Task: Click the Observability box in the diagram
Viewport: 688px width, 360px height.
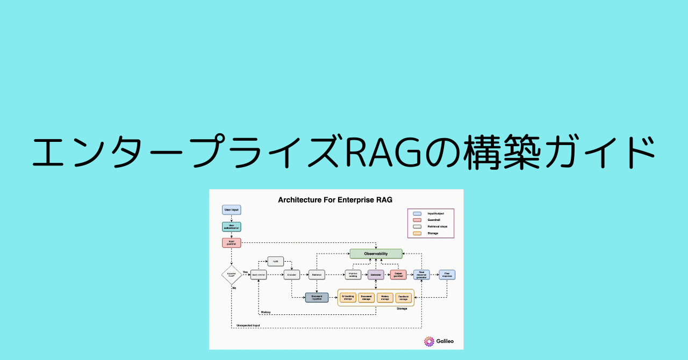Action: coord(376,254)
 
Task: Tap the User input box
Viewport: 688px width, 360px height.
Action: coord(231,210)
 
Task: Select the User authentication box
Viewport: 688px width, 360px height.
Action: coord(231,227)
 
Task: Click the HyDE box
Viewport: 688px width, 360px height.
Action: coord(275,261)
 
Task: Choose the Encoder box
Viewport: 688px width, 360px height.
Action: coord(292,275)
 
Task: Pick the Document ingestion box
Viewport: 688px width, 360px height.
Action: coord(317,297)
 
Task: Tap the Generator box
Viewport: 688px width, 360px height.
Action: coord(376,275)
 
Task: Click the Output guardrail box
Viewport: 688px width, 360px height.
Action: coord(398,275)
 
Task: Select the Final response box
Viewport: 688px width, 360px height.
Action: coord(447,275)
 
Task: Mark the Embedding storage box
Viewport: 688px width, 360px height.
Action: coord(348,297)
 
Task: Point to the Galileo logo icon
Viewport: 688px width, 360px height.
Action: coord(429,341)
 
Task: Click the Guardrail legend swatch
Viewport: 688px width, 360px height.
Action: coord(417,220)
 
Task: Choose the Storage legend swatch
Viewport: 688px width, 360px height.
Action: coord(417,233)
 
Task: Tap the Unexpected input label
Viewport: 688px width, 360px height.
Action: coord(248,326)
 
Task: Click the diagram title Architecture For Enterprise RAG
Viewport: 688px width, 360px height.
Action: coord(335,200)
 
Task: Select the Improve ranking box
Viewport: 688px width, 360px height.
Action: coord(353,275)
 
